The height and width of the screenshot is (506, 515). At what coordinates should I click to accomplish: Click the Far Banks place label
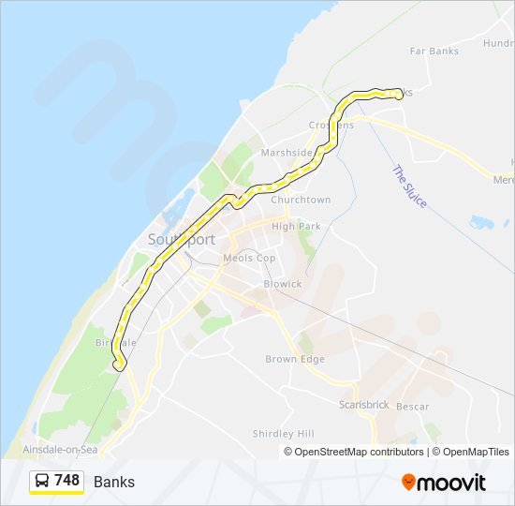click(434, 52)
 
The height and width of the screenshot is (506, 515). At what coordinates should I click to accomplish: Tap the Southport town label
click(181, 240)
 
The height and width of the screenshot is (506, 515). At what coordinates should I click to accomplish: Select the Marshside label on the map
click(287, 153)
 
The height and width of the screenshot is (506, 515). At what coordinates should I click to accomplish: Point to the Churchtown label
click(301, 200)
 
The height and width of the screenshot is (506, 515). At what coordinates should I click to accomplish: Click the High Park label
click(296, 226)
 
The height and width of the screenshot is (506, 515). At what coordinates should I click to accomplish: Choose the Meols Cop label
click(249, 258)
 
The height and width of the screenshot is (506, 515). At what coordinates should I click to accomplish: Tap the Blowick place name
click(283, 284)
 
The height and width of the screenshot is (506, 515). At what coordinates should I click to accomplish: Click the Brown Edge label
click(294, 359)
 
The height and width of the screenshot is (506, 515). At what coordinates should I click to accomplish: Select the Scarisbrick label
click(364, 405)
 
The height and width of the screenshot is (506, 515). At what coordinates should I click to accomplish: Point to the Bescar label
click(412, 407)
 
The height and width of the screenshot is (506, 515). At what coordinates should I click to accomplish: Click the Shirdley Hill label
click(284, 434)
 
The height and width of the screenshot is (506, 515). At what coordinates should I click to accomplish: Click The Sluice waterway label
click(409, 186)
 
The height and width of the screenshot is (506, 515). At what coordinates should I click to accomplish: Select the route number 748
click(66, 481)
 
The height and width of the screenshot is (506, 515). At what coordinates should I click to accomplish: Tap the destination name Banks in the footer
click(114, 483)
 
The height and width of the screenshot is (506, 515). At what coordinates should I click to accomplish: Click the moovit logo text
click(451, 483)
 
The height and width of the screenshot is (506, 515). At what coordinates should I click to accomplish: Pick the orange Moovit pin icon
click(408, 482)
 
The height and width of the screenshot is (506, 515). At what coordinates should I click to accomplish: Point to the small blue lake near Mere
click(481, 223)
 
